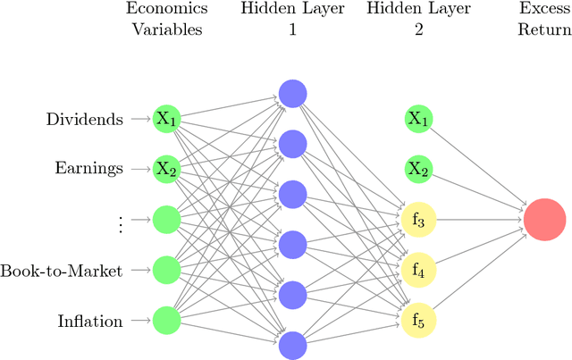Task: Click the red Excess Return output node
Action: coord(544,219)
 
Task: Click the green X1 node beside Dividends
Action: coord(167,118)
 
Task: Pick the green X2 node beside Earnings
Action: coord(167,168)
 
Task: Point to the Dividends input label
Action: coord(84,119)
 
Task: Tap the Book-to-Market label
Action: coord(62,270)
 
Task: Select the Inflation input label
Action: coord(90,320)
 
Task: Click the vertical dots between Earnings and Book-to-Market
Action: coord(120,223)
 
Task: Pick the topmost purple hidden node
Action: coord(292,92)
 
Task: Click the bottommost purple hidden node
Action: coord(292,344)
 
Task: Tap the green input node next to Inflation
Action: coord(167,319)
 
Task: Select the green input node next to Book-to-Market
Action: coord(167,269)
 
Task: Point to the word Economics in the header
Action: coord(168,9)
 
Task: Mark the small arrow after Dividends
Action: coord(139,119)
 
